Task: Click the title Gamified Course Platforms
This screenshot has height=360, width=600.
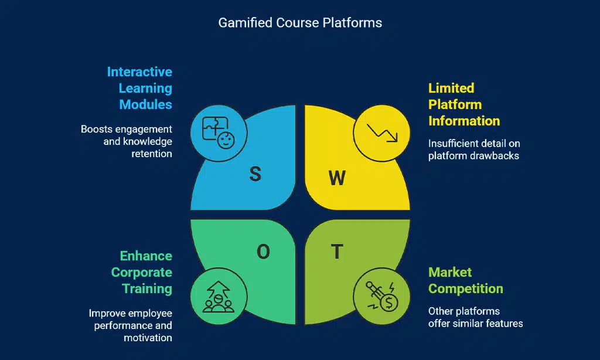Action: [x=300, y=23]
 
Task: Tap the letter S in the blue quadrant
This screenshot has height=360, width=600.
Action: [x=255, y=174]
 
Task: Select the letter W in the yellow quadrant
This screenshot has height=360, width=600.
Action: [x=337, y=178]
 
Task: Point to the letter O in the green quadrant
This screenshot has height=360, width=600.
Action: [x=264, y=252]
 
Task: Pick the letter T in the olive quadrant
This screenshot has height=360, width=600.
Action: [x=337, y=252]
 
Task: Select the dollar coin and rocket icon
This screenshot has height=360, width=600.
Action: [x=382, y=297]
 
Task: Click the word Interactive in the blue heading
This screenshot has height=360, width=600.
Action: [x=139, y=72]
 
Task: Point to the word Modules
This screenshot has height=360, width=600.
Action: [x=146, y=105]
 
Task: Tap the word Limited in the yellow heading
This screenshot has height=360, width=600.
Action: [x=451, y=89]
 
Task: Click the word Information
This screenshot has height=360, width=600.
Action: [x=464, y=121]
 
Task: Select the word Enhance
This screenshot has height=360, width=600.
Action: [x=146, y=256]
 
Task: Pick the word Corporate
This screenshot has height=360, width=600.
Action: [x=142, y=273]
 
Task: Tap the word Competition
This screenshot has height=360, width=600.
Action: [x=466, y=289]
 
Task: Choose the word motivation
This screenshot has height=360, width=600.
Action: [x=148, y=338]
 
